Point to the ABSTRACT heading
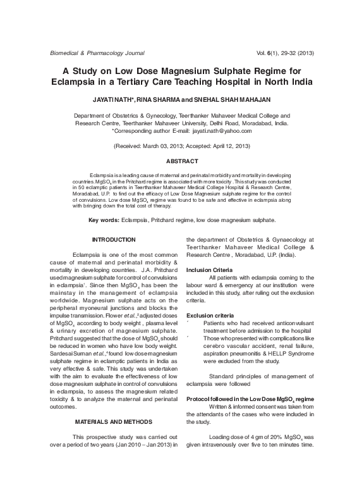coord(182,161)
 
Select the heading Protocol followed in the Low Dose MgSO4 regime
coord(250,399)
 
